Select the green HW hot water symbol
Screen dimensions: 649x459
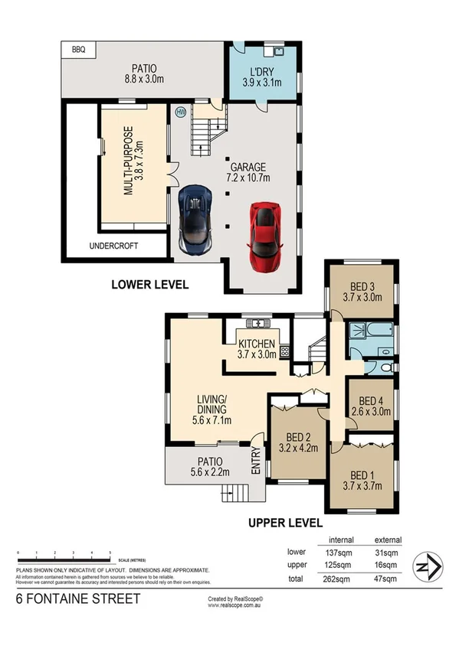point(181,111)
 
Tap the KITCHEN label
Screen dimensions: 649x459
point(255,344)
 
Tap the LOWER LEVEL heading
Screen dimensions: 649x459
point(150,285)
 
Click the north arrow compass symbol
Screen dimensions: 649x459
point(425,568)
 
